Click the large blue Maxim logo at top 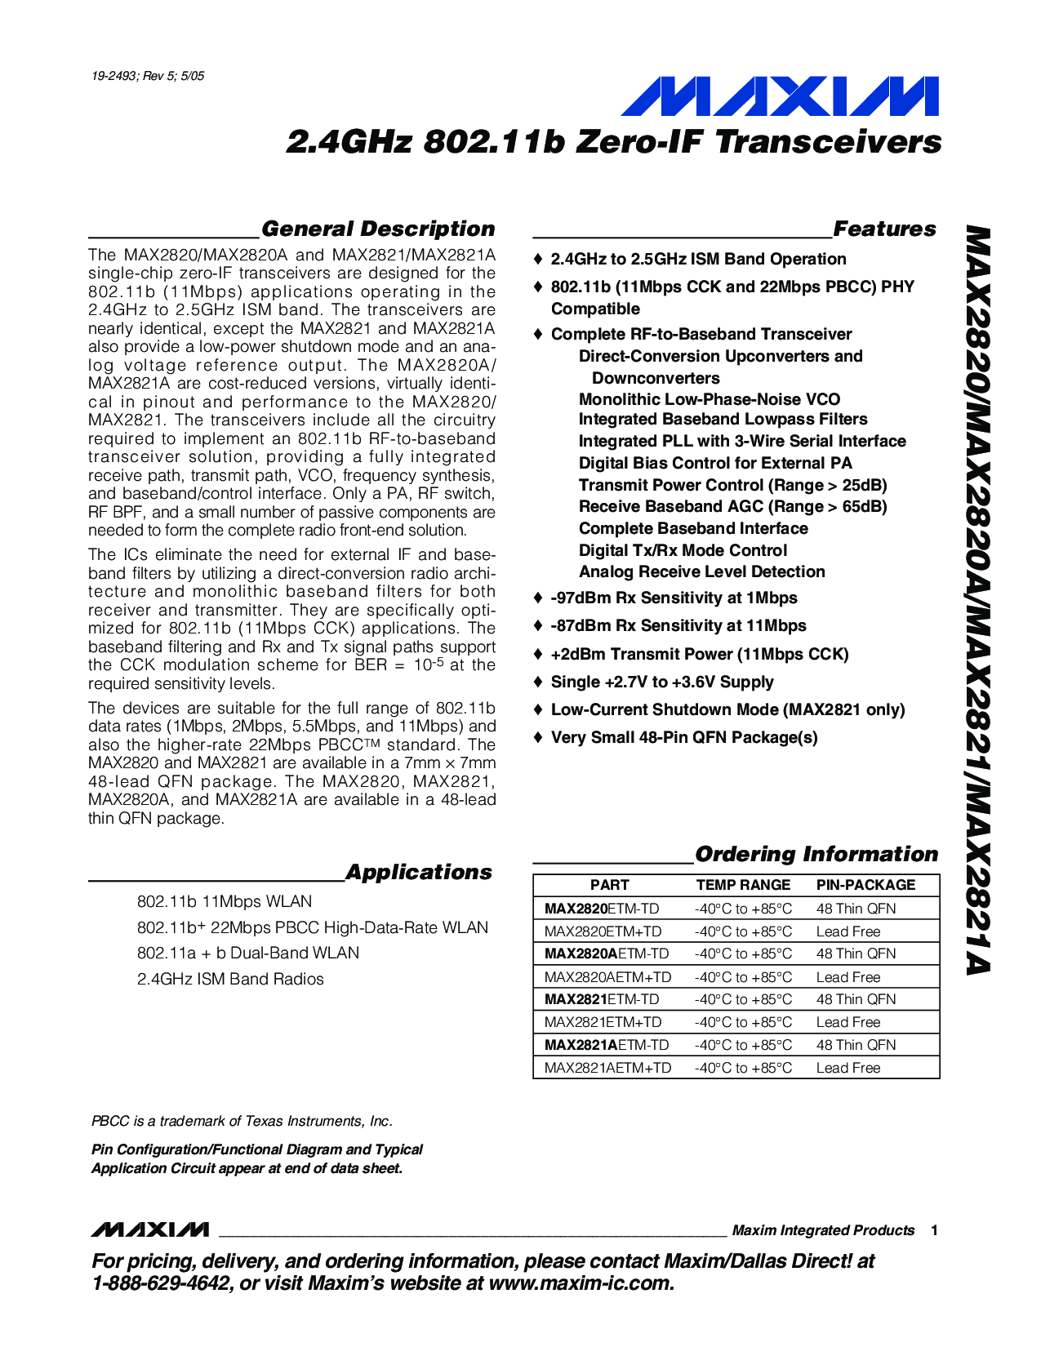[780, 96]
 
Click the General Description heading [378, 229]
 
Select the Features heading [884, 229]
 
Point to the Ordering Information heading [816, 854]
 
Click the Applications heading [419, 872]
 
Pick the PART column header [609, 885]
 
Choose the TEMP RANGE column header [743, 885]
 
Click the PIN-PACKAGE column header [865, 885]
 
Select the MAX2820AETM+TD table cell [607, 977]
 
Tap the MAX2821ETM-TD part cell [601, 999]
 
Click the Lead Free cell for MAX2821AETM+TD [848, 1068]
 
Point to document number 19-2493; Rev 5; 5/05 [148, 76]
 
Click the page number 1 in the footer [934, 1230]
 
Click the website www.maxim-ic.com [581, 1283]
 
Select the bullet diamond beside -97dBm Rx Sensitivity [537, 598]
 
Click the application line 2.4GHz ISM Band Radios [230, 979]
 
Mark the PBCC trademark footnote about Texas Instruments [242, 1121]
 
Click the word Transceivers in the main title [829, 142]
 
